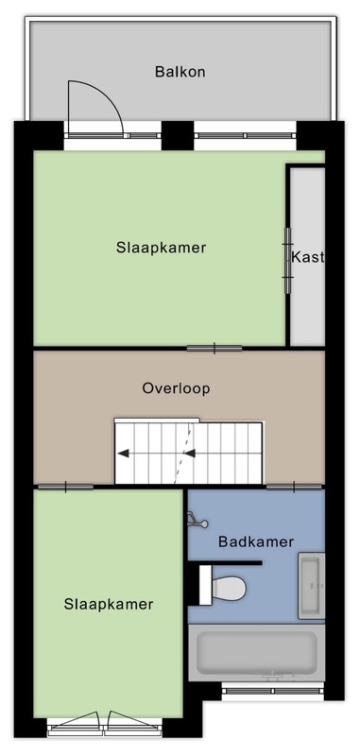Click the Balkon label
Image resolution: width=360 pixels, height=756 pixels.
point(180,72)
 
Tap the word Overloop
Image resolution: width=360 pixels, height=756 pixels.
point(176,388)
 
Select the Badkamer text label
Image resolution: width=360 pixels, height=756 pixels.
point(256,541)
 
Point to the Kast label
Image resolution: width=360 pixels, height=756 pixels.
point(306,257)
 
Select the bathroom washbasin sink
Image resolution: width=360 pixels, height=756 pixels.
point(311,586)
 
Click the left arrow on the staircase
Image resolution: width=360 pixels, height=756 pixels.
point(124,454)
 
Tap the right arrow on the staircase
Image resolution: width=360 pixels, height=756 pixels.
point(189,454)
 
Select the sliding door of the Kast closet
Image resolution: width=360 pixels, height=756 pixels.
point(287,261)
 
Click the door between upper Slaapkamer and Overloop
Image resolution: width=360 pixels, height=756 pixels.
point(214,348)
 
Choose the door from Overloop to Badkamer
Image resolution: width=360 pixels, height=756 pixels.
point(294,487)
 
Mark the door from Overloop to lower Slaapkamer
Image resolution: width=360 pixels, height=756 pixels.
point(65,487)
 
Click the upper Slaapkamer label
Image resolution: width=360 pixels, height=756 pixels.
point(161,248)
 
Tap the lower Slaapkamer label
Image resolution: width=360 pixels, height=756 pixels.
point(109,604)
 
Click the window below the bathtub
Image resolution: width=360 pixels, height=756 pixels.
point(273,692)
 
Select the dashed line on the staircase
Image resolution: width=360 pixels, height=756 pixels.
point(184,453)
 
